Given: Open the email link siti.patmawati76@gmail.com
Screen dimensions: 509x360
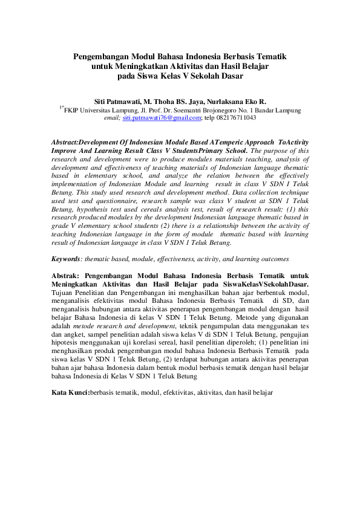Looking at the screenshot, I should click(162, 119).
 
